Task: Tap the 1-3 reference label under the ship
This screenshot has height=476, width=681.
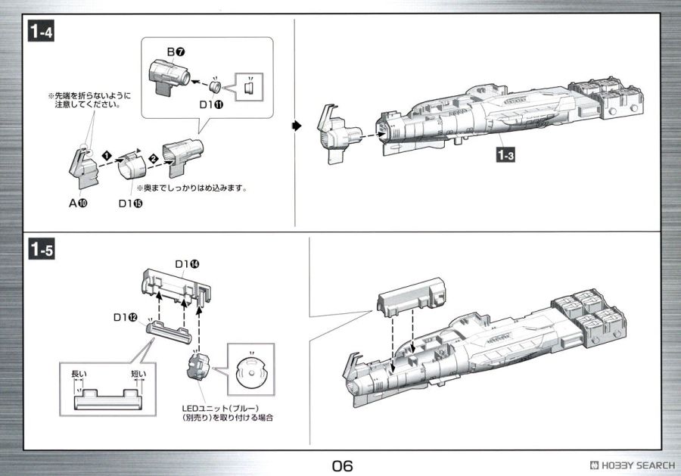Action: (x=505, y=157)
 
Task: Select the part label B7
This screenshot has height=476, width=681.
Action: (x=176, y=51)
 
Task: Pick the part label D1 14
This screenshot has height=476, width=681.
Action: (x=188, y=264)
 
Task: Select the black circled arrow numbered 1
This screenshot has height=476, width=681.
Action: (x=107, y=155)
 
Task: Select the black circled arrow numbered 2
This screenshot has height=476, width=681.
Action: (x=152, y=159)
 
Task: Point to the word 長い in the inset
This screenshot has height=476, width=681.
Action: (x=79, y=374)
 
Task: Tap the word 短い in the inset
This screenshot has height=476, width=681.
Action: (x=138, y=374)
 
